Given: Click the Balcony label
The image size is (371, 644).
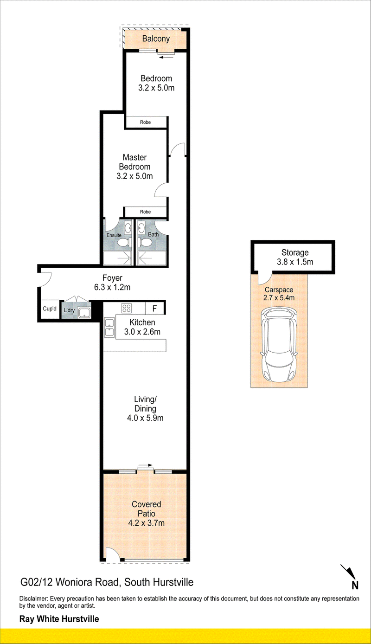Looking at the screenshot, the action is pyautogui.click(x=156, y=39).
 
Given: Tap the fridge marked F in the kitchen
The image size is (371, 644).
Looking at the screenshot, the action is pyautogui.click(x=155, y=309).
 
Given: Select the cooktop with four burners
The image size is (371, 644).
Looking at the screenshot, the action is pyautogui.click(x=127, y=308).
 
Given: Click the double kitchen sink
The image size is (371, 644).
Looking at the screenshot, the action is pyautogui.click(x=109, y=328).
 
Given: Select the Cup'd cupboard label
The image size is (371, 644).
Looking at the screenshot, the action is pyautogui.click(x=50, y=309).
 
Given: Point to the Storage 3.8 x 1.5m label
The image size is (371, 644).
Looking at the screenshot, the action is pyautogui.click(x=295, y=258).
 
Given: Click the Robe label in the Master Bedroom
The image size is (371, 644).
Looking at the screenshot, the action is pyautogui.click(x=145, y=212).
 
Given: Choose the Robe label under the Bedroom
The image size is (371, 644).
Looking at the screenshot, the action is pyautogui.click(x=145, y=122).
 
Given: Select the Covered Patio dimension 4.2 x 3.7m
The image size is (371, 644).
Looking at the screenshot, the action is pyautogui.click(x=146, y=523).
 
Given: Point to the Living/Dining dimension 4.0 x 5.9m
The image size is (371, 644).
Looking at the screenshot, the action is pyautogui.click(x=145, y=418).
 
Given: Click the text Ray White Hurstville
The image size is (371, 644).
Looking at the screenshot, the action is pyautogui.click(x=59, y=619).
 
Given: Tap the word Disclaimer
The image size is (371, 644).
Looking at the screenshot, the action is pyautogui.click(x=33, y=599).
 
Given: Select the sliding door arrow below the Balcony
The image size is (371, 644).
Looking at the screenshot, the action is pyautogui.click(x=165, y=58).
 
